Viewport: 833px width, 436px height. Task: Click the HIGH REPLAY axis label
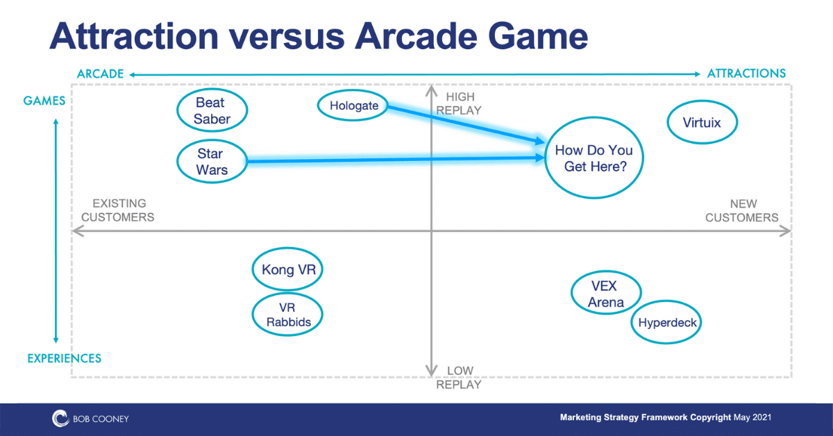459,103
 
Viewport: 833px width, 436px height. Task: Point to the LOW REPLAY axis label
459,377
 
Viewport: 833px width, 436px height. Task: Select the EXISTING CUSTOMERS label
118,210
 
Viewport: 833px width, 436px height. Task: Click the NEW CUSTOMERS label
742,210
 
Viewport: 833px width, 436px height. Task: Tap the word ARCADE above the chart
101,74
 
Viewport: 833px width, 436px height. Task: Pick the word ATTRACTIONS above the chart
746,74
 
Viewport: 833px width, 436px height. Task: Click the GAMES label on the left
44,101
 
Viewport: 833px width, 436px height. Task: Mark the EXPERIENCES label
65,358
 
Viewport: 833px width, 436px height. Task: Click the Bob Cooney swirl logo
60,419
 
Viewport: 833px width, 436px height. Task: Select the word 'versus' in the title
287,37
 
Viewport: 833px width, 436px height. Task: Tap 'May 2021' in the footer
752,417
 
